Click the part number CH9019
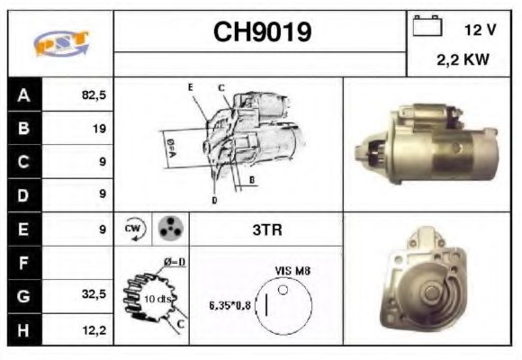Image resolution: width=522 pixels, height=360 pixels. point(262,32)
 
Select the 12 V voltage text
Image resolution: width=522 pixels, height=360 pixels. point(480,30)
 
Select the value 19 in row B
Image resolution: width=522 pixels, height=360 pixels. point(99,129)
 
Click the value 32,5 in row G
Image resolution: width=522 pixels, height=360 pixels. point(94,295)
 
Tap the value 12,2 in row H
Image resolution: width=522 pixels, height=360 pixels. point(94,329)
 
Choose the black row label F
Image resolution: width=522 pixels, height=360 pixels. point(23,263)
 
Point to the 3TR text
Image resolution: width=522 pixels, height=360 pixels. point(266,229)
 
